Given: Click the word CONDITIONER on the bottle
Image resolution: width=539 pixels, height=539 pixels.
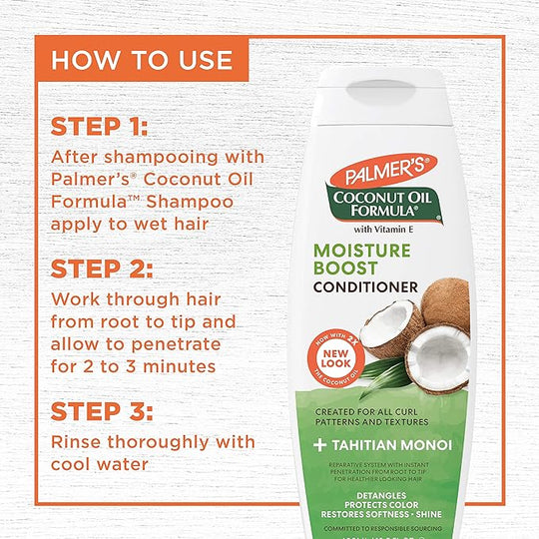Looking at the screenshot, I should click(367, 287).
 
